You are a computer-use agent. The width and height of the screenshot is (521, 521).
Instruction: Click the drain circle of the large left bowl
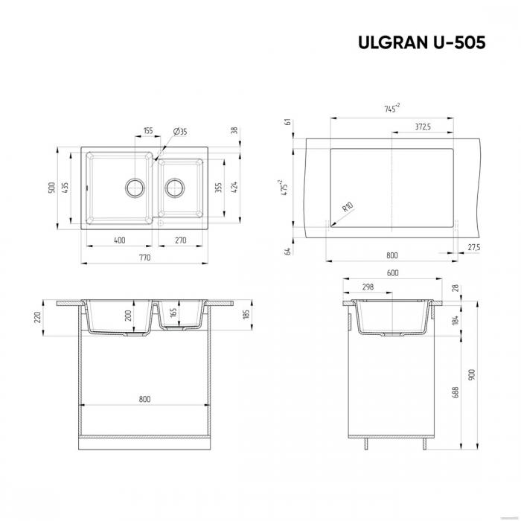point(135,186)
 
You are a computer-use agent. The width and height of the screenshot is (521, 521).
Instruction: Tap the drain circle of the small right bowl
point(176,186)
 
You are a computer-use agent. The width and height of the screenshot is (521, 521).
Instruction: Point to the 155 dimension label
point(147,131)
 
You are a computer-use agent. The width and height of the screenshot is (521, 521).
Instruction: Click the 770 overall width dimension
point(144,258)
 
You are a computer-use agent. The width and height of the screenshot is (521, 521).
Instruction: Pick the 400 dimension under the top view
point(119,240)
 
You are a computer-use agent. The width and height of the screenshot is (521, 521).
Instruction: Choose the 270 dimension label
point(179,240)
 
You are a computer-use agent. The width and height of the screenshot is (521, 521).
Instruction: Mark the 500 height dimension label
point(52,187)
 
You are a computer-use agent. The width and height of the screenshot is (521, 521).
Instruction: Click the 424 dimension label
point(234,187)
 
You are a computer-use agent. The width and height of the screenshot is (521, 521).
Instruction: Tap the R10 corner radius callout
point(347,209)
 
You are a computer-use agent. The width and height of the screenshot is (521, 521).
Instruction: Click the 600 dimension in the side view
point(392,272)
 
